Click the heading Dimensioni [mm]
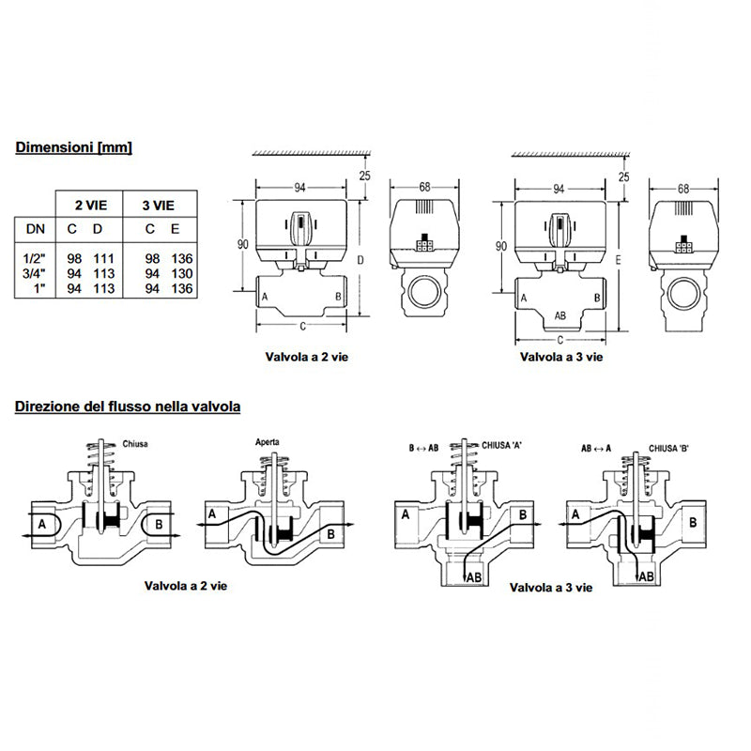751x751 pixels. coord(72,147)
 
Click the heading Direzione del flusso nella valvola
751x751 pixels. coord(127,407)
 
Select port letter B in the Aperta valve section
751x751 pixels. coord(330,533)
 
